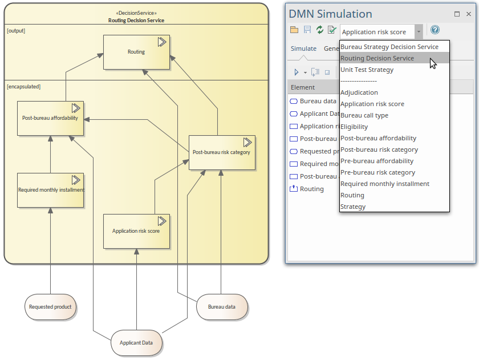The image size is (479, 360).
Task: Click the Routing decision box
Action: point(136,52)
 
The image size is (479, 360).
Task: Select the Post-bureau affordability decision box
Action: point(50,119)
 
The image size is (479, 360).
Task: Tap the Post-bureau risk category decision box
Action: point(221,152)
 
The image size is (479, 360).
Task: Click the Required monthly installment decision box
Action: point(51,190)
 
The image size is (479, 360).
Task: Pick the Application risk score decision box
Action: point(136,231)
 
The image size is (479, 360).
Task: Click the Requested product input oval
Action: point(50,307)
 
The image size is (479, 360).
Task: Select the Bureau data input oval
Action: point(221,307)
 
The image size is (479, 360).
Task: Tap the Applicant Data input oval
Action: point(136,343)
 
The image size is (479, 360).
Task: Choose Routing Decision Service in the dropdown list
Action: point(377,58)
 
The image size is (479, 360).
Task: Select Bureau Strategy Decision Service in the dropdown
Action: point(389,47)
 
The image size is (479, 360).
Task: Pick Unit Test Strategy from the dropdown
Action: point(367,70)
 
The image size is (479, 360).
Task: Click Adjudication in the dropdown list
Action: point(359,92)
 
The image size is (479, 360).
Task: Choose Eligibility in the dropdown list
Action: point(354,127)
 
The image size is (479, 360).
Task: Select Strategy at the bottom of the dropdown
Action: point(353,207)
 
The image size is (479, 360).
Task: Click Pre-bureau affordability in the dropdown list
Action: point(377,161)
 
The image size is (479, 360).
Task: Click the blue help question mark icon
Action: point(435,30)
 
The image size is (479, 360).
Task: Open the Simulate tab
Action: point(303,48)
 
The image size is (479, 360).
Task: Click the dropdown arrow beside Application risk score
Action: point(419,32)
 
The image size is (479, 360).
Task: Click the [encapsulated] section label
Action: point(23,87)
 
